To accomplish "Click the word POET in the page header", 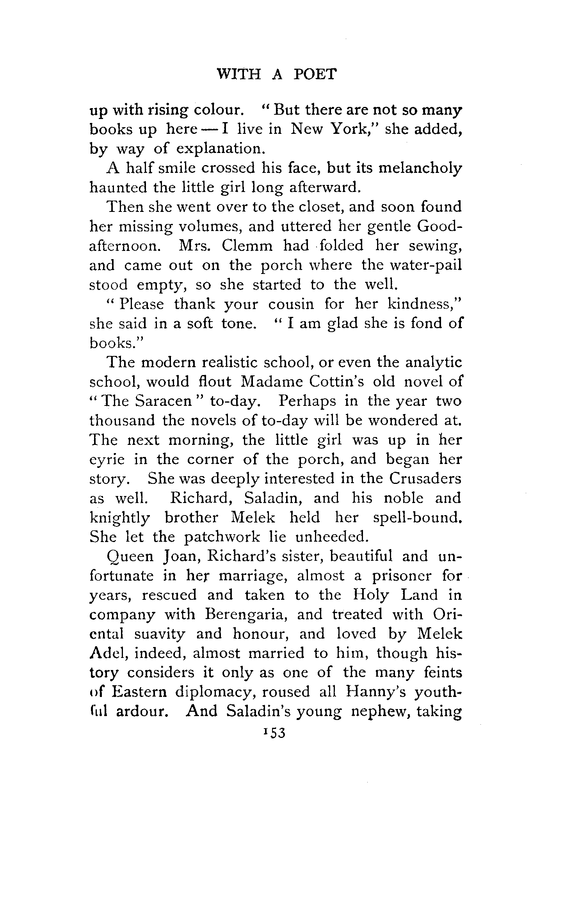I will pyautogui.click(x=314, y=73).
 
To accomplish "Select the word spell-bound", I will pyautogui.click(x=417, y=518).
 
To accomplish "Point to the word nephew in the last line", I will pyautogui.click(x=380, y=711).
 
